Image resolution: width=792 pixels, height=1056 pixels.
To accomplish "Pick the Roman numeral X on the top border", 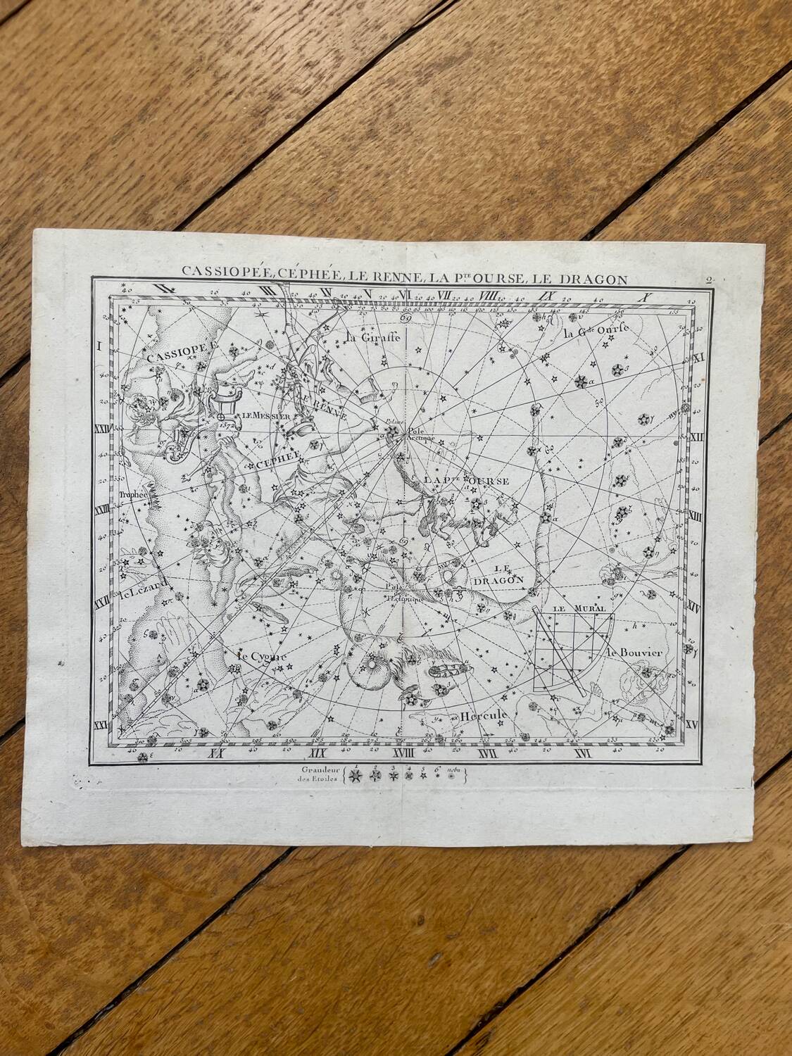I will (641, 296).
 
